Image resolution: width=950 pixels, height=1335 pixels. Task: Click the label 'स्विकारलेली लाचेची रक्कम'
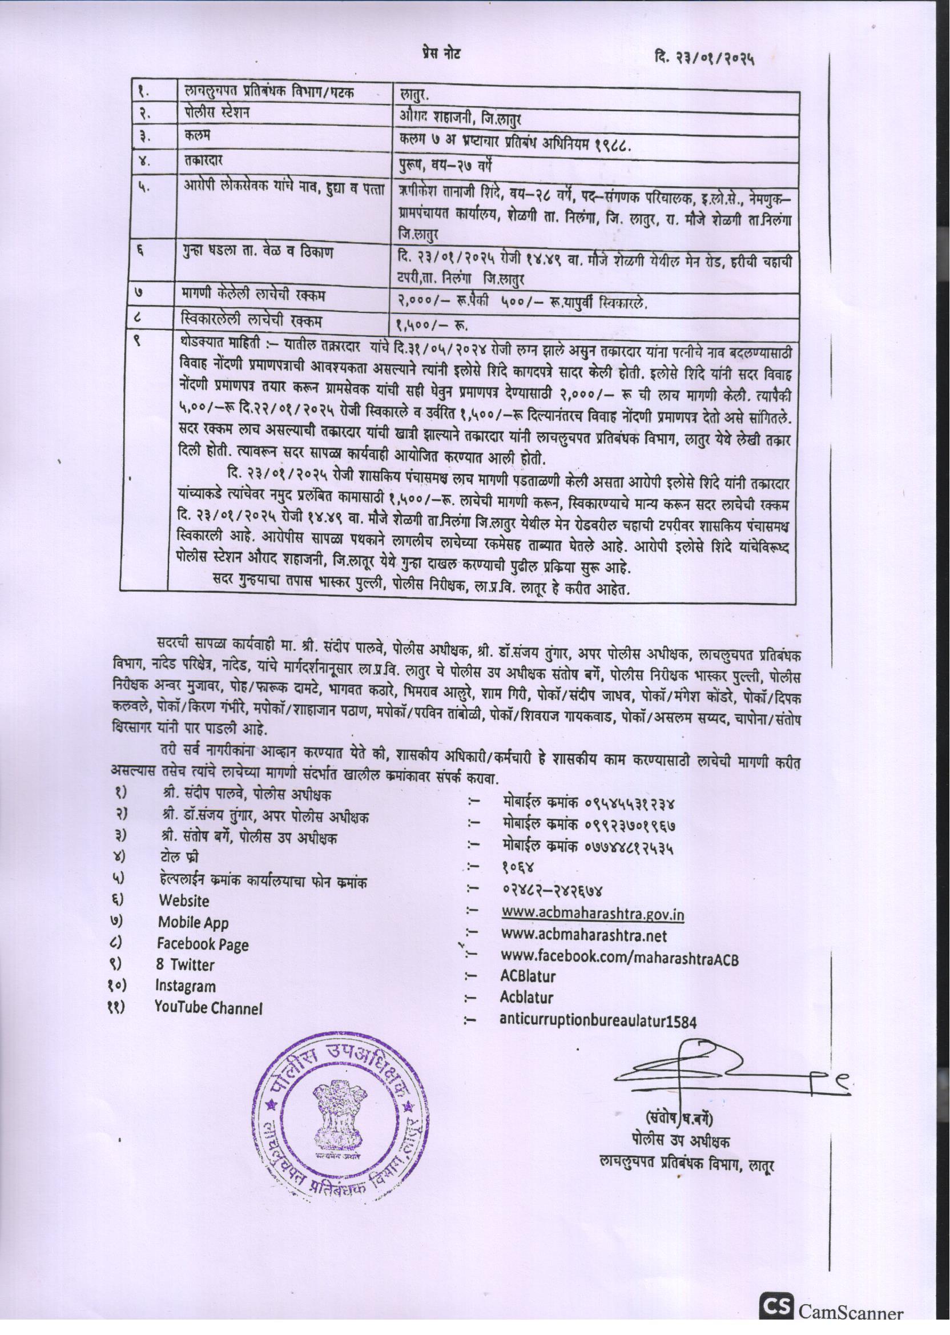click(253, 320)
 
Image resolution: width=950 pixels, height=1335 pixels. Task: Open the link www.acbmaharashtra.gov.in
click(593, 914)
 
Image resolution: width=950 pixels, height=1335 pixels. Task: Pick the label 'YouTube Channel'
click(208, 1007)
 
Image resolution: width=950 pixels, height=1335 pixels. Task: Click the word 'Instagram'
click(185, 986)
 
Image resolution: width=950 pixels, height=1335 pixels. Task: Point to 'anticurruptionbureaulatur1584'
click(598, 1020)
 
